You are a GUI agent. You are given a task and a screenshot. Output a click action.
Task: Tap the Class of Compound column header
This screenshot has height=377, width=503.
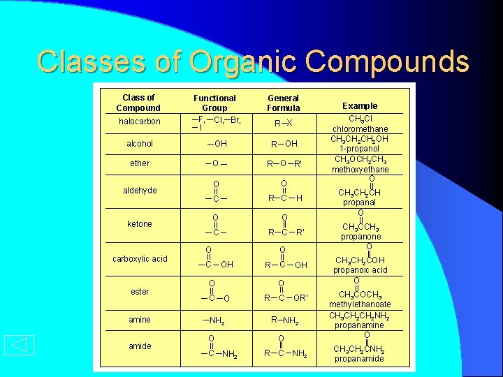click(138, 103)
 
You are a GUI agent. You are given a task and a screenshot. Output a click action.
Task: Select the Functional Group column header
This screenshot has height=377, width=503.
click(214, 103)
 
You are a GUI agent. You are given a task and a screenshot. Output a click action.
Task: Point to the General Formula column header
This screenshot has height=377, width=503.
click(283, 103)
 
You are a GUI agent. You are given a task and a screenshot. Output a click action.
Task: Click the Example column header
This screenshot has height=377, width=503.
click(360, 106)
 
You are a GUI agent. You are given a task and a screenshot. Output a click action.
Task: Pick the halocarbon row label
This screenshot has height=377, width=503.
click(139, 121)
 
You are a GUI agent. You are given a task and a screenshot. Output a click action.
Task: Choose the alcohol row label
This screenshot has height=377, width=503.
click(140, 144)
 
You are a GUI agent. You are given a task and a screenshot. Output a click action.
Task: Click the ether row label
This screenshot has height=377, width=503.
click(140, 163)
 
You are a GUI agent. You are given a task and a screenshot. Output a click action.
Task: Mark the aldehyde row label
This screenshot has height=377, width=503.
click(140, 191)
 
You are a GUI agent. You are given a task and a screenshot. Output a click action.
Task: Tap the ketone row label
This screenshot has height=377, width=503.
click(140, 224)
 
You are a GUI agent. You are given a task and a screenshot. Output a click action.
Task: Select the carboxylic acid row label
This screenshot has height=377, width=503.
click(140, 259)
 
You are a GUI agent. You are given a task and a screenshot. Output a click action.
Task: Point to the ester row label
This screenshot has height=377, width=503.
click(140, 292)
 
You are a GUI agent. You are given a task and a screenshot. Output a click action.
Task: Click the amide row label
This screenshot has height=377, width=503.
click(140, 346)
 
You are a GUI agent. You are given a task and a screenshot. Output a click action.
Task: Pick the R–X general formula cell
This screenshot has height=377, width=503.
click(284, 124)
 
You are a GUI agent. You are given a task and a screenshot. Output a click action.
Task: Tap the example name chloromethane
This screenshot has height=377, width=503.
click(360, 129)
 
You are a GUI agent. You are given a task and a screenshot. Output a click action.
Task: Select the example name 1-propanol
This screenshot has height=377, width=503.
click(360, 149)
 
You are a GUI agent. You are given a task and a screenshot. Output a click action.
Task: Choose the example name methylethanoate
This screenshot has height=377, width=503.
click(360, 304)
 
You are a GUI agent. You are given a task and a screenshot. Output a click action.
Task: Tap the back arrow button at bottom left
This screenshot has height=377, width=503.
click(19, 346)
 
